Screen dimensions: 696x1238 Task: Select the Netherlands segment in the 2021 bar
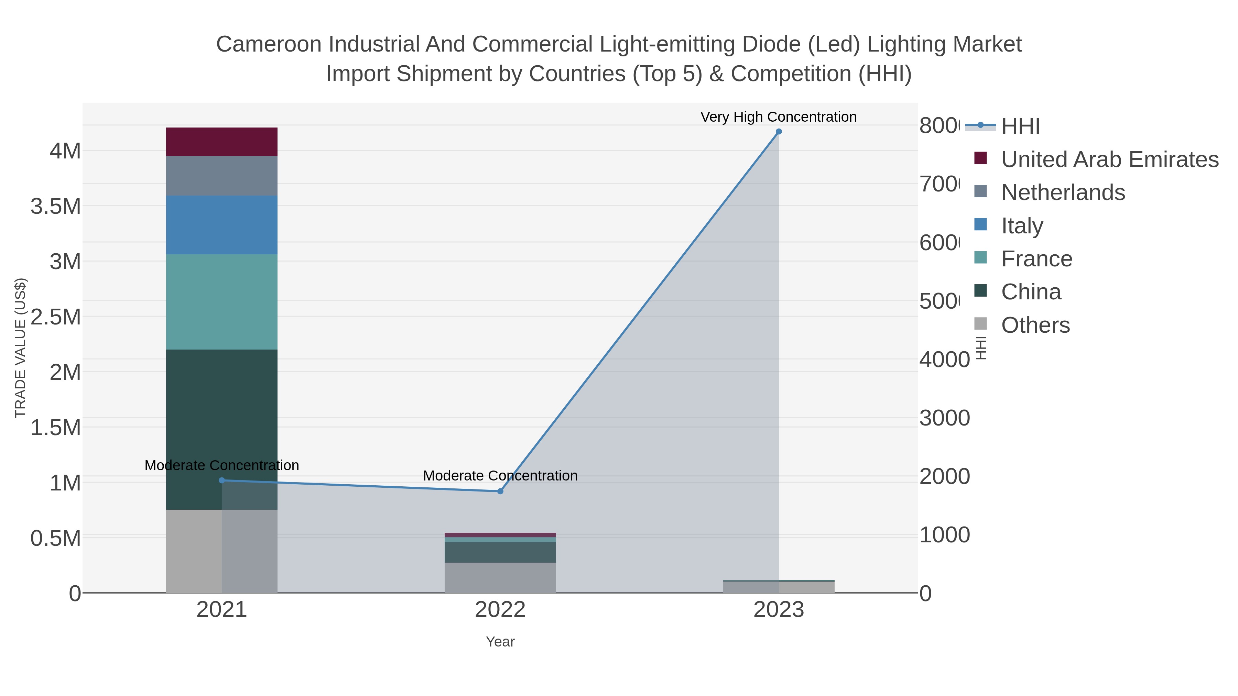[221, 176]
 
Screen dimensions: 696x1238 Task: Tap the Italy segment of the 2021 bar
[221, 225]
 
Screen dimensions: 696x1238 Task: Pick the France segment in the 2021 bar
[221, 302]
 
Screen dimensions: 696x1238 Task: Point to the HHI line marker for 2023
[779, 132]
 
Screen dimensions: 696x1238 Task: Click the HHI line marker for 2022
[500, 491]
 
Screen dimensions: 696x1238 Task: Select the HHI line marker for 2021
[221, 480]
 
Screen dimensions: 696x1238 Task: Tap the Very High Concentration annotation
[779, 117]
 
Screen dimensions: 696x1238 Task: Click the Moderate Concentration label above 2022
[500, 476]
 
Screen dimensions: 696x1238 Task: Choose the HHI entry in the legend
[1020, 126]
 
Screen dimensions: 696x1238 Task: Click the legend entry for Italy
[1022, 226]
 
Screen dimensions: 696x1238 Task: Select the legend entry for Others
[1035, 325]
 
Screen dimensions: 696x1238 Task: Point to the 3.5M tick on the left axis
[56, 207]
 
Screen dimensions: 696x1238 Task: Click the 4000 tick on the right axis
[944, 360]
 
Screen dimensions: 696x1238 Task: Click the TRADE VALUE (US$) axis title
[20, 348]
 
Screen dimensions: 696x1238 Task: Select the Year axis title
[500, 642]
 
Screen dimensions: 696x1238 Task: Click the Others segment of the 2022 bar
[500, 577]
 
